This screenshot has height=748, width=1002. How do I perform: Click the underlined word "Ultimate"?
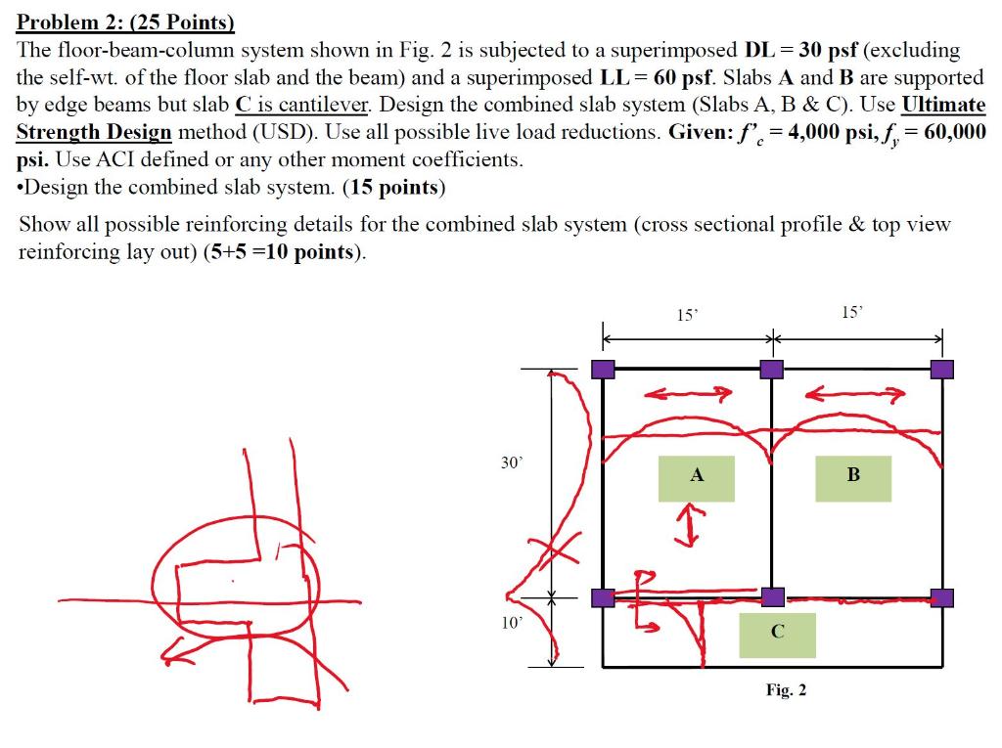(x=943, y=105)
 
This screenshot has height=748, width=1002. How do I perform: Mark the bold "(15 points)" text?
(x=394, y=187)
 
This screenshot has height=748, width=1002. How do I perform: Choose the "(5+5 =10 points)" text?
(x=283, y=252)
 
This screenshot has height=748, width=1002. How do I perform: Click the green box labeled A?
(x=696, y=478)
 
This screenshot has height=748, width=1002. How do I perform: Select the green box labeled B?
(x=853, y=478)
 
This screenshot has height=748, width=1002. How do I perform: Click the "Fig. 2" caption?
(x=786, y=690)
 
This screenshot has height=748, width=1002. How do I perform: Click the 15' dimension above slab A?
(x=688, y=315)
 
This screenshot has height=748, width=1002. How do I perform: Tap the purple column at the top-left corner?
(x=604, y=369)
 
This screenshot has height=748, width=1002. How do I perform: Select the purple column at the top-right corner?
(x=941, y=369)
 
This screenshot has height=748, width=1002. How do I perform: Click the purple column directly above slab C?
(x=772, y=596)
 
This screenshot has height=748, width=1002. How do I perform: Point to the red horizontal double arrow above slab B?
(x=853, y=394)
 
